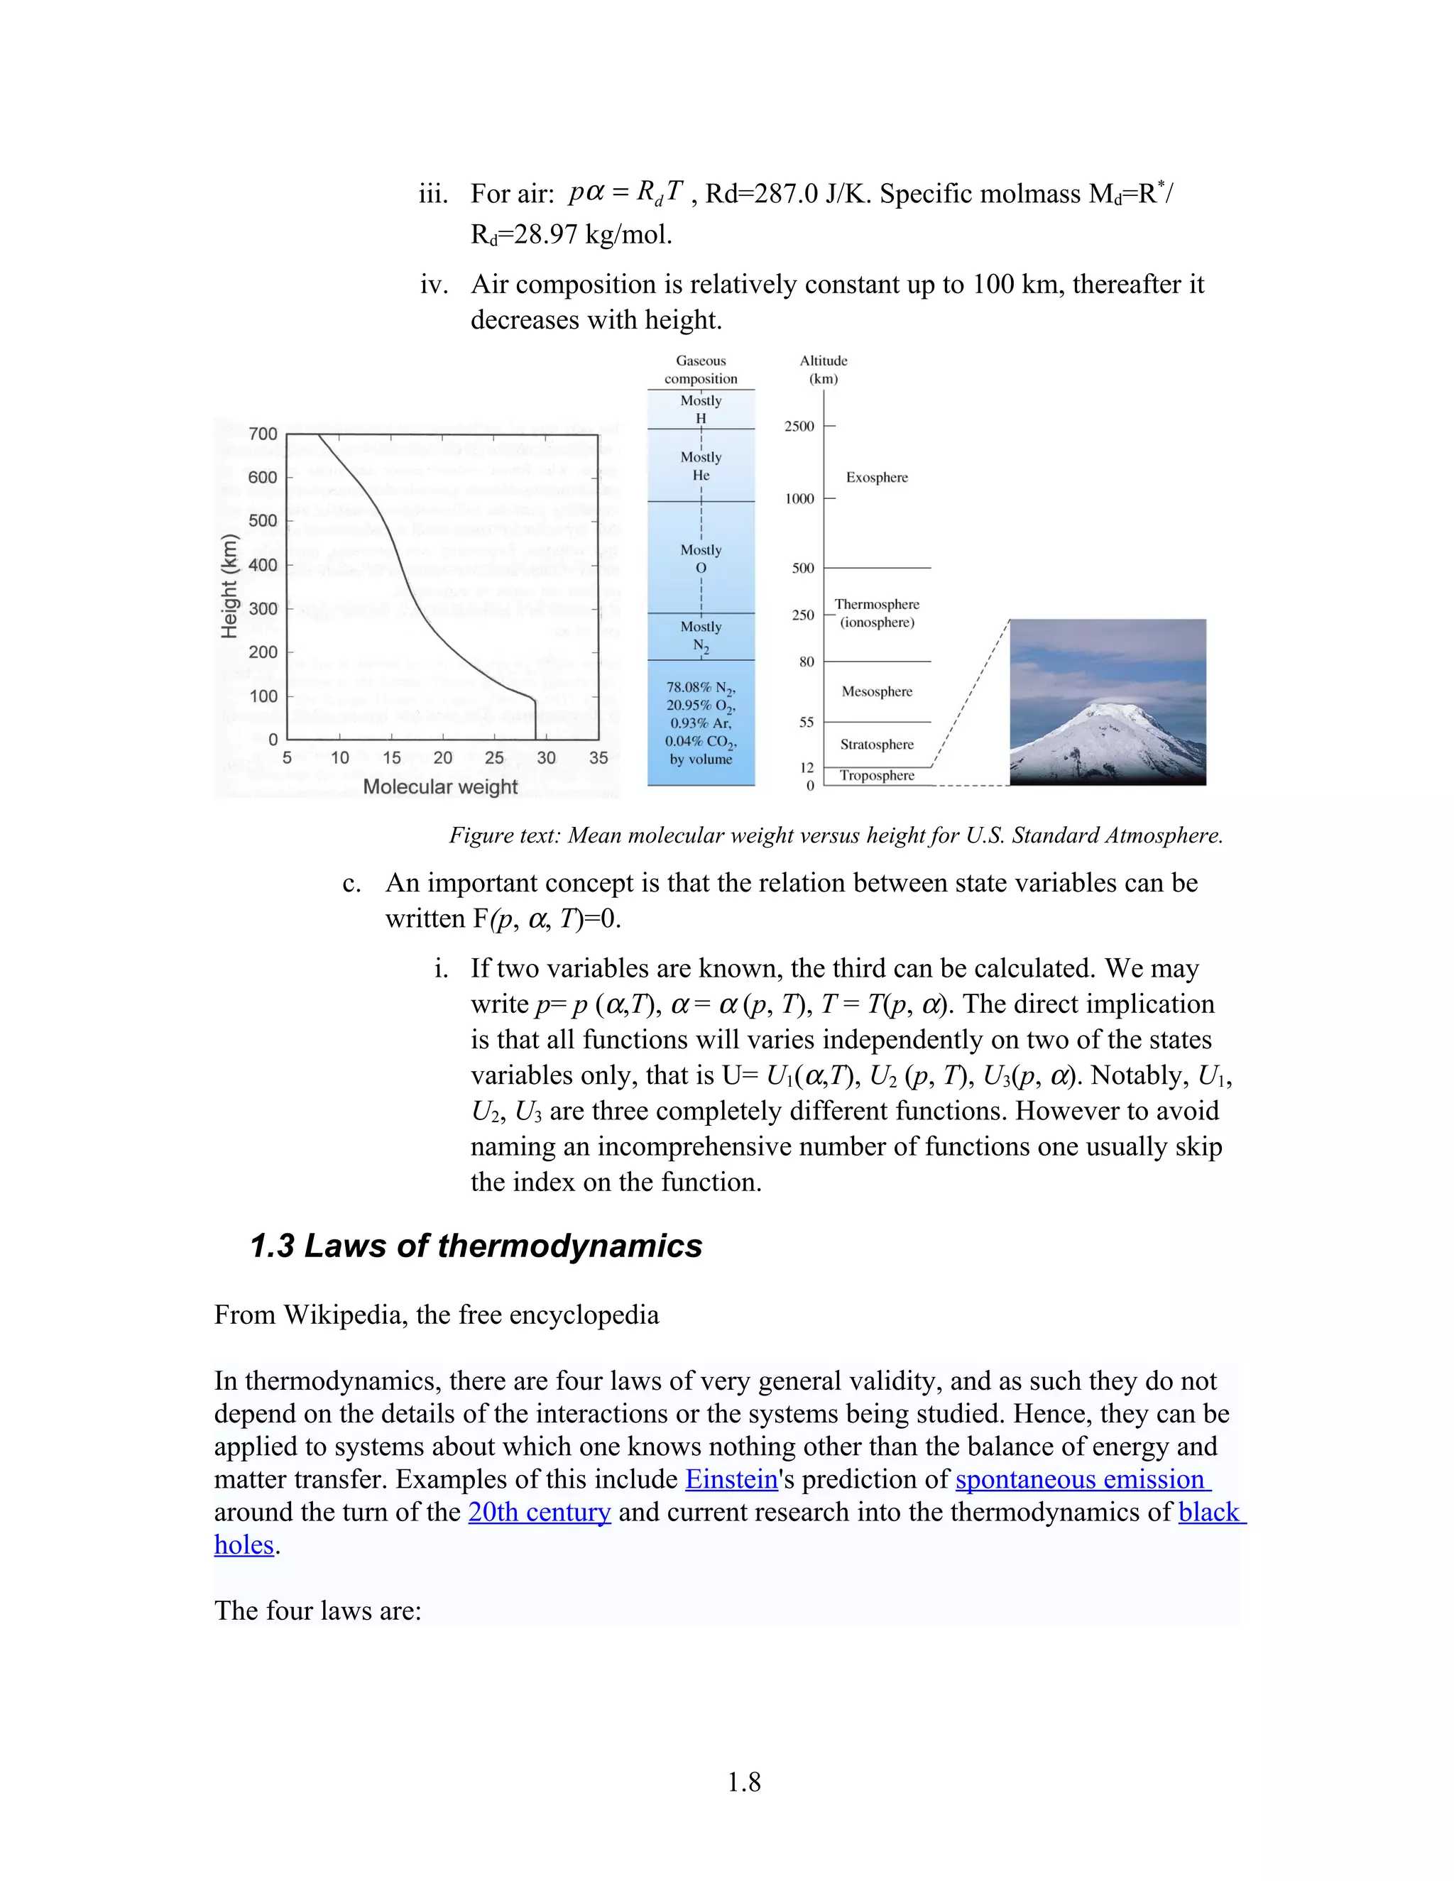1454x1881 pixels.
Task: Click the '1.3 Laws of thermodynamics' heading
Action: click(476, 1246)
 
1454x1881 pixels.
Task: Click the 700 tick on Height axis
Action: click(263, 434)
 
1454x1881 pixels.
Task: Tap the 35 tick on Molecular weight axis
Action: click(598, 758)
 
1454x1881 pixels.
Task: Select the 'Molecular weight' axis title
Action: click(440, 786)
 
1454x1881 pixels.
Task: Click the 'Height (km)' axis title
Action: click(229, 586)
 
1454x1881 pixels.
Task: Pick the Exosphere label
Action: click(876, 477)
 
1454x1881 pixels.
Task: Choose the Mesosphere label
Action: click(876, 691)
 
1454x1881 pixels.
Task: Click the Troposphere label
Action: click(876, 775)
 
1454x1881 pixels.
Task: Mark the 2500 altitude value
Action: click(799, 427)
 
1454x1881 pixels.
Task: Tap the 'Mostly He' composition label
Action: click(700, 466)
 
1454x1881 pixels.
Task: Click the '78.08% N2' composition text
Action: click(700, 687)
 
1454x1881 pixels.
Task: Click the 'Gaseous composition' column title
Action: click(700, 370)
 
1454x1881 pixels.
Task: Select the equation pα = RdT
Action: click(626, 192)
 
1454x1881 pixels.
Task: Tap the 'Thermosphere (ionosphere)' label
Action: click(876, 613)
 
